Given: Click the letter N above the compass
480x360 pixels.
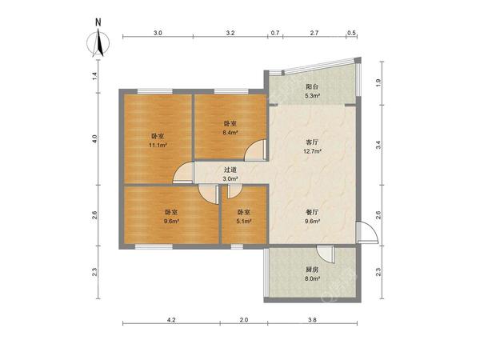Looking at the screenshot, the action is point(98,22).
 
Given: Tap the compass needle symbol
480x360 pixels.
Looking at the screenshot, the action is point(98,43).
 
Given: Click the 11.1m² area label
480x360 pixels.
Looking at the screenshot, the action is point(158,145).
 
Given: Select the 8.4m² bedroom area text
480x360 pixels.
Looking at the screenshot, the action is point(230,133).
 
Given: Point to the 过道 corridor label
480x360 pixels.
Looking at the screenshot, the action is point(230,170).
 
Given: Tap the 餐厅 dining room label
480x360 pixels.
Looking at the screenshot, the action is point(312,212).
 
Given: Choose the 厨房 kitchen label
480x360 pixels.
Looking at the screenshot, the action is point(312,270).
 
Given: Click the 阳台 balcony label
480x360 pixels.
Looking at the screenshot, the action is point(312,86).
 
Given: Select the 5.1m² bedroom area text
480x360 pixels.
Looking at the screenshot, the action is point(244,221).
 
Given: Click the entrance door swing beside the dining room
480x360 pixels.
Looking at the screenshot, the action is point(366,232).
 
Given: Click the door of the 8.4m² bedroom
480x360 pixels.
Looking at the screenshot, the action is point(255,150).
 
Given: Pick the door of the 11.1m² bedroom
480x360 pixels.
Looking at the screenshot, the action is point(183,174).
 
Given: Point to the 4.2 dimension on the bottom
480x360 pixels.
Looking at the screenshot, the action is point(171,320).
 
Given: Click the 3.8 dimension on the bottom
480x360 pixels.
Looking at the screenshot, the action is point(312,320).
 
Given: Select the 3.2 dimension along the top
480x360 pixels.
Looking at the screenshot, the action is point(230,33).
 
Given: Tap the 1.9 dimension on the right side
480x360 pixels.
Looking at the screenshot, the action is point(378,82).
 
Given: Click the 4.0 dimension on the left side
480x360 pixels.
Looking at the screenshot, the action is point(95,139).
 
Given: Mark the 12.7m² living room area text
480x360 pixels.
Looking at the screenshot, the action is point(312,151).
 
